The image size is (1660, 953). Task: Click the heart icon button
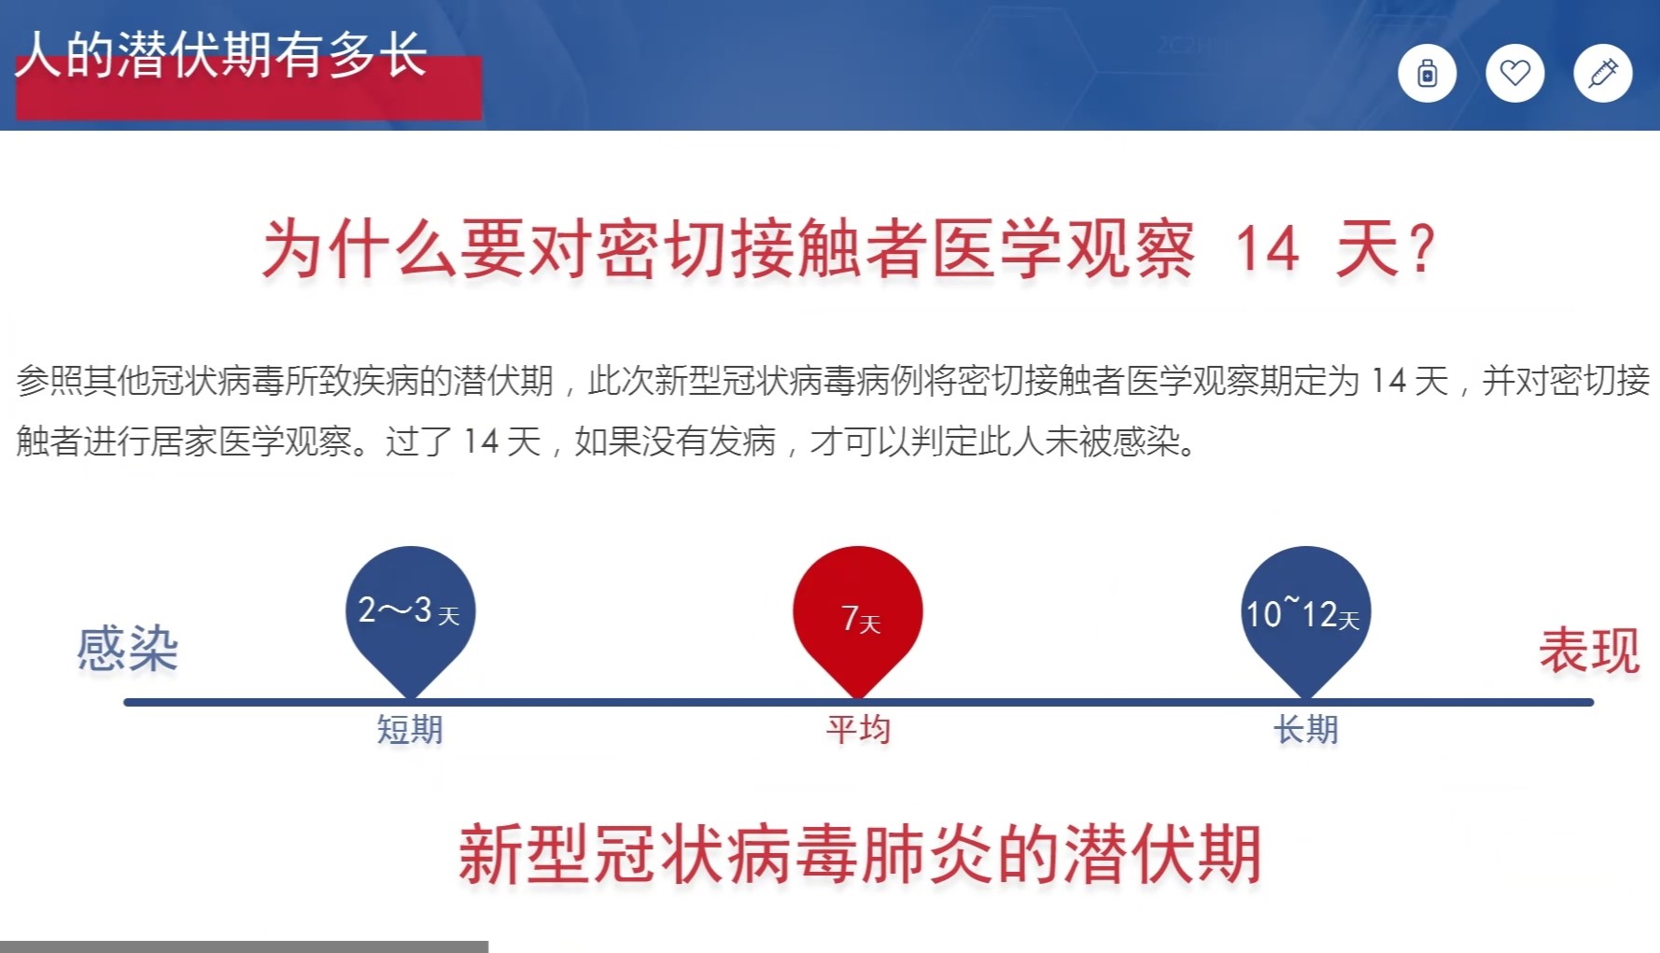[x=1514, y=73]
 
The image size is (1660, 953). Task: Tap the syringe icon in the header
[x=1602, y=73]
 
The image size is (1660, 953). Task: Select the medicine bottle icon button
[x=1427, y=73]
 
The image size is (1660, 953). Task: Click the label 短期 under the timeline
[x=410, y=729]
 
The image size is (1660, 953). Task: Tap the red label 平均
[x=858, y=729]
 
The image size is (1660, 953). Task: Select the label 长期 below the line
[x=1306, y=729]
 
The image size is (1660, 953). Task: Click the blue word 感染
[x=128, y=649]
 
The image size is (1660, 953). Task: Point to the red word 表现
[x=1589, y=651]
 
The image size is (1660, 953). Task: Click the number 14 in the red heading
[x=1267, y=249]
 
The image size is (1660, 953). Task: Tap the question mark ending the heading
[x=1423, y=250]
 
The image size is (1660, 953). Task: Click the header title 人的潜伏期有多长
[x=222, y=54]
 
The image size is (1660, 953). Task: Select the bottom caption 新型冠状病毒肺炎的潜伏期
[x=860, y=854]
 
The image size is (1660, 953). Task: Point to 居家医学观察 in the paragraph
[x=251, y=441]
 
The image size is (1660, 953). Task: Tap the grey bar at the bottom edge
[x=244, y=946]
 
